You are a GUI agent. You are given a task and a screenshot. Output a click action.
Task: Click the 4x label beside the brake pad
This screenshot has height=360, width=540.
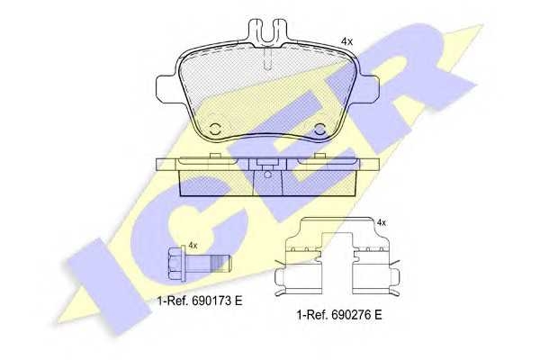[x=346, y=41]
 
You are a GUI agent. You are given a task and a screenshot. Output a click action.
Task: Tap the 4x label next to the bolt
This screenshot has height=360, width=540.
[x=193, y=246]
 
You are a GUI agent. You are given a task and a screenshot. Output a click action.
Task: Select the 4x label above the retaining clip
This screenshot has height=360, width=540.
[x=382, y=223]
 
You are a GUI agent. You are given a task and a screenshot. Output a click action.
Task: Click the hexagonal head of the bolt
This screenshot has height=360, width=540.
[x=176, y=263]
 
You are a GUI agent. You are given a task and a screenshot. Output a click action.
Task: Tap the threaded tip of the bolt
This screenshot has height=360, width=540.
[x=220, y=264]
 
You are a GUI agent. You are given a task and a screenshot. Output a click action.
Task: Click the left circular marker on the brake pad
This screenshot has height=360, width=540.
[x=216, y=130]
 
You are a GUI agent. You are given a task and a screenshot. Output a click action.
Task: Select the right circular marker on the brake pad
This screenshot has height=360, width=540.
[x=320, y=130]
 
